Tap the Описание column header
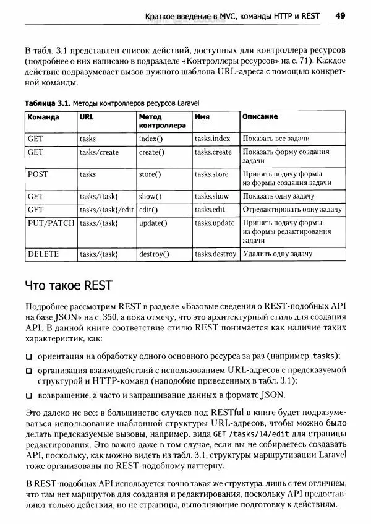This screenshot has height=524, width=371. click(260, 116)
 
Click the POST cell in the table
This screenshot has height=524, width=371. click(38, 174)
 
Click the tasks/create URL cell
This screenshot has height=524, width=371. click(99, 152)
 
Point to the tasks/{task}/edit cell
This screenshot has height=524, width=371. click(106, 210)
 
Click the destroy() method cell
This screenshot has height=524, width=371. click(154, 254)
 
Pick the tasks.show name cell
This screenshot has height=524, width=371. click(211, 196)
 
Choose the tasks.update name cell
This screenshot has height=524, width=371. click(215, 223)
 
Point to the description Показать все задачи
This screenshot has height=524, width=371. click(276, 139)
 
